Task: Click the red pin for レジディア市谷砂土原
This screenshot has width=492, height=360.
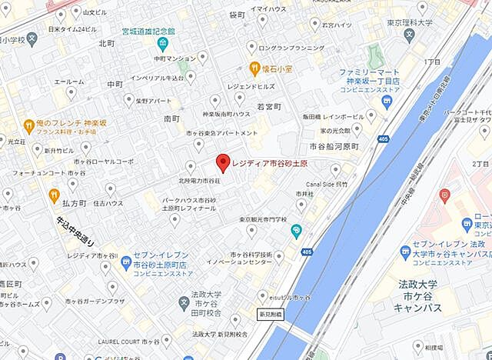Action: click(x=223, y=162)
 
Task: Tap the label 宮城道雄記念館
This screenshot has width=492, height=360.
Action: click(x=148, y=32)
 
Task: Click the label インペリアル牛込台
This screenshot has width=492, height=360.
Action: click(x=157, y=78)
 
